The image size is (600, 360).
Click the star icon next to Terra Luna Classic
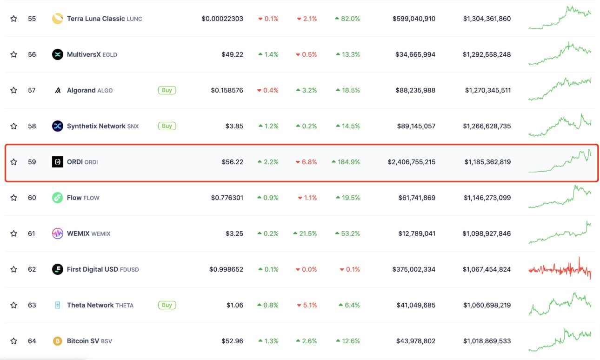[13, 19]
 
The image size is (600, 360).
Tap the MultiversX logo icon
[57, 54]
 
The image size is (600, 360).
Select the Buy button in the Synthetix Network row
[167, 126]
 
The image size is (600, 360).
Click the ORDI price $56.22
[232, 162]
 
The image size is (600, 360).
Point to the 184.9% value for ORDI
[346, 162]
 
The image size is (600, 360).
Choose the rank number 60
[32, 198]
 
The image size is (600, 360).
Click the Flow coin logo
[57, 198]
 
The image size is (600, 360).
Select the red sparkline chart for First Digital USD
[560, 269]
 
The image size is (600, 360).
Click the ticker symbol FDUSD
[129, 270]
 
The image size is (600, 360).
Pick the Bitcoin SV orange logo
[57, 341]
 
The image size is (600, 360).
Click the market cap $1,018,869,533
[487, 341]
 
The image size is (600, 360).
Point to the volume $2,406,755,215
[411, 162]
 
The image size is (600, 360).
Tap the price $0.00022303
[222, 19]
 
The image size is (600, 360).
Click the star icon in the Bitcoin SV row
[13, 341]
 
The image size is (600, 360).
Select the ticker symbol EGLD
[110, 55]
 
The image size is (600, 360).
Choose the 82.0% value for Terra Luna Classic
[347, 19]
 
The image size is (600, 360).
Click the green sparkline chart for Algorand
[560, 89]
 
